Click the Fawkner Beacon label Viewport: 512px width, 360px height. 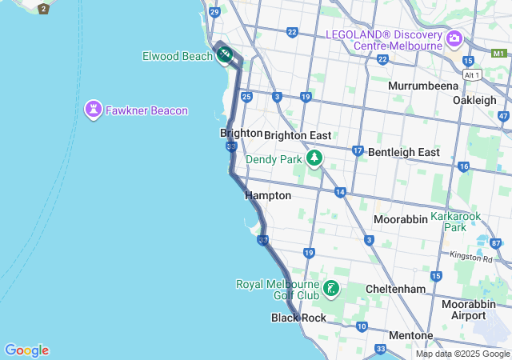(146, 110)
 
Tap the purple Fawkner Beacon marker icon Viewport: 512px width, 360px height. (94, 109)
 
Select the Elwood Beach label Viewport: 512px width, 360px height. (176, 56)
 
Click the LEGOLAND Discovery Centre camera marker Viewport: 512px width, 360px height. (454, 38)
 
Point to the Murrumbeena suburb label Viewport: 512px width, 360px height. (422, 86)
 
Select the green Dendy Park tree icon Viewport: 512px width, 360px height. (315, 158)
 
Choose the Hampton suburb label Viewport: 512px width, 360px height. (268, 195)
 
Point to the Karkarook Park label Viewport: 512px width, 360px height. (459, 222)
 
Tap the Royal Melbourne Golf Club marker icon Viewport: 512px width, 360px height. (331, 288)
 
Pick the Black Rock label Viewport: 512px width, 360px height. (298, 318)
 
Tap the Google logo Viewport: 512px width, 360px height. (26, 350)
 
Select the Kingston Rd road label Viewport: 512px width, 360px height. (470, 257)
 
